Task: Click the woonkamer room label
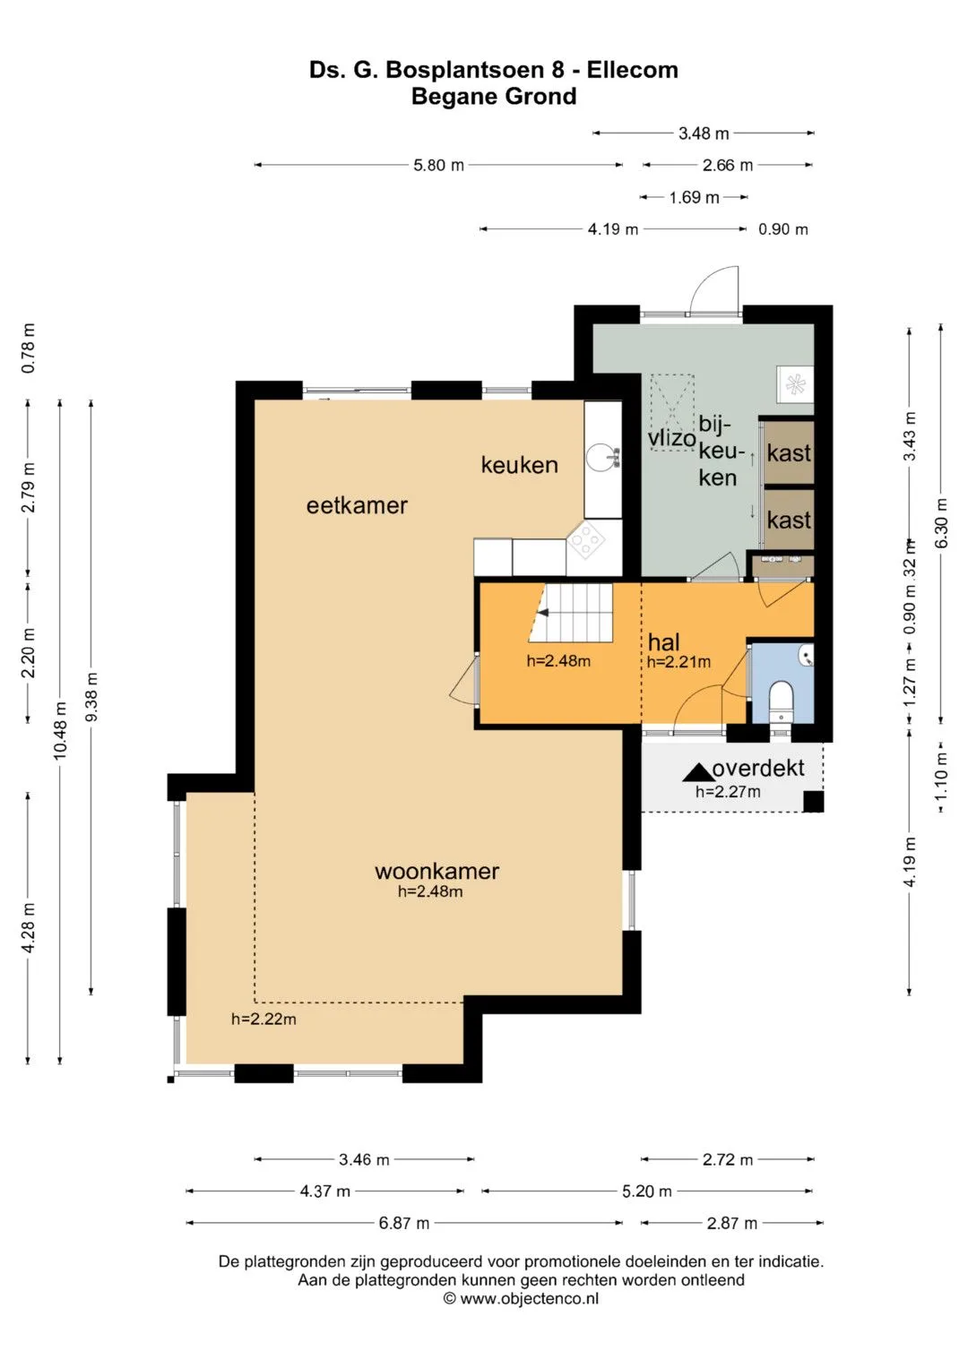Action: (x=436, y=871)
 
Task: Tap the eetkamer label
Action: (x=357, y=505)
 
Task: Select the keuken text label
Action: (x=520, y=465)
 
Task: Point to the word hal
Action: (x=663, y=641)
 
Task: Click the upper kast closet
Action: (x=789, y=452)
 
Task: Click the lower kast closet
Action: (x=789, y=520)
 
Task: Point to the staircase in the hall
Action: (x=571, y=613)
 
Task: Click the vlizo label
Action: (x=671, y=438)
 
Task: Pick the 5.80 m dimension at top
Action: (x=438, y=165)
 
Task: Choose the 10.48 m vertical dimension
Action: (x=59, y=731)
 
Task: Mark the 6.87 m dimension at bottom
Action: (x=404, y=1223)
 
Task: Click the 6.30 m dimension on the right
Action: (x=941, y=523)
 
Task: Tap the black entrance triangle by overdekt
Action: (x=696, y=773)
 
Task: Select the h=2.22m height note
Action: (x=264, y=1019)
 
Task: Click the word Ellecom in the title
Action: (x=633, y=70)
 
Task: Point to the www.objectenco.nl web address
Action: (x=529, y=1298)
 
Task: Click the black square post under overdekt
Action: (x=813, y=801)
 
